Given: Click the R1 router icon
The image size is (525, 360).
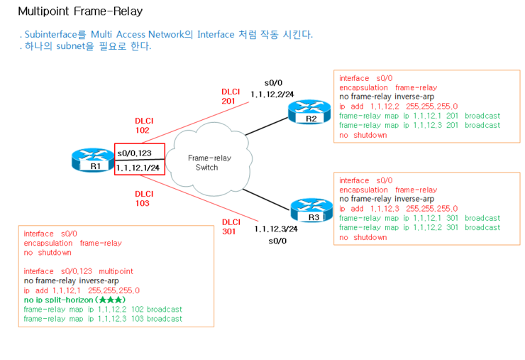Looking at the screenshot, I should pyautogui.click(x=89, y=160).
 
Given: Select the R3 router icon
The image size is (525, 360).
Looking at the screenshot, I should pyautogui.click(x=308, y=211).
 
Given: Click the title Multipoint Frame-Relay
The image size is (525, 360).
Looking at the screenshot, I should pyautogui.click(x=79, y=11).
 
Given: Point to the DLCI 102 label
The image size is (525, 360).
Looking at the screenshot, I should pyautogui.click(x=144, y=126).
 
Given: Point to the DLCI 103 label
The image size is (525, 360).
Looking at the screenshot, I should pyautogui.click(x=144, y=198).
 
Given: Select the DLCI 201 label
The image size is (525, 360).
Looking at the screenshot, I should pyautogui.click(x=231, y=97).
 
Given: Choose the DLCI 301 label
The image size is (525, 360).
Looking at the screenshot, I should pyautogui.click(x=231, y=227).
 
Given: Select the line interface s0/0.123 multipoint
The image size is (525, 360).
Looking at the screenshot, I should pyautogui.click(x=78, y=271).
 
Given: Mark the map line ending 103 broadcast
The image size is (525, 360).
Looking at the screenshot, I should pyautogui.click(x=103, y=319).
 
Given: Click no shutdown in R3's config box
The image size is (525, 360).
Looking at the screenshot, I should pyautogui.click(x=363, y=237).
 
